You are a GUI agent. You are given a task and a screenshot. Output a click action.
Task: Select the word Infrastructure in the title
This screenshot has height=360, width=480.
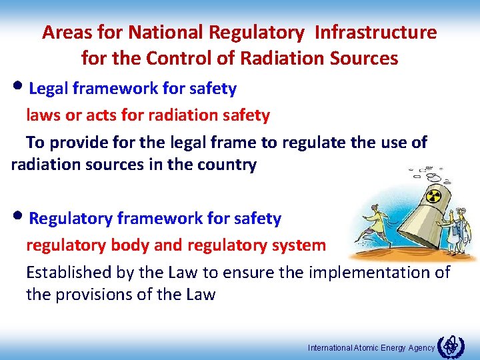[x=375, y=32]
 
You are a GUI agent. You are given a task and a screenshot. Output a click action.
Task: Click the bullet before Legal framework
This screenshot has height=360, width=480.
[x=20, y=88]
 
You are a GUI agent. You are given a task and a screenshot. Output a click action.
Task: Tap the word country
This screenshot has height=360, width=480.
[x=225, y=165]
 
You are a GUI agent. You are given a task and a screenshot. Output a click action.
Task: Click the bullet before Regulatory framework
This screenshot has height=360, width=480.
[x=20, y=219]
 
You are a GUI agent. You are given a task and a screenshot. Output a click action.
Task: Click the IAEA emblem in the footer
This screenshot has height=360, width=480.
[x=451, y=345]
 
